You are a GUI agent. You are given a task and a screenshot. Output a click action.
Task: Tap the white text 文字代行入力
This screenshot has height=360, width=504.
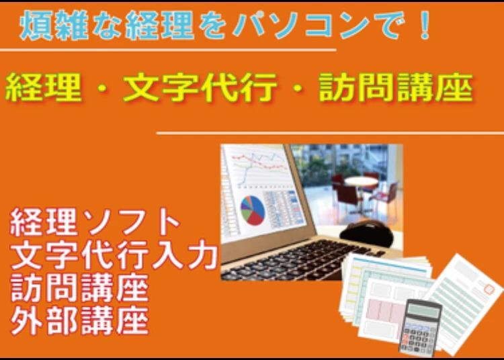[114, 256]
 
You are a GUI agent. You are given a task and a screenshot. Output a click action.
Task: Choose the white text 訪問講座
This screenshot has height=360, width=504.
[79, 289]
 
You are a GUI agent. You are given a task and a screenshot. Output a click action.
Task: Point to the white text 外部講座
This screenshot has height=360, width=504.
[79, 322]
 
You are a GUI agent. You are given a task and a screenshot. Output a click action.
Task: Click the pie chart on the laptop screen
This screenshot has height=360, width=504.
[252, 210]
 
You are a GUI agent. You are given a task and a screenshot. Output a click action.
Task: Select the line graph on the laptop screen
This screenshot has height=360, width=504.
[261, 168]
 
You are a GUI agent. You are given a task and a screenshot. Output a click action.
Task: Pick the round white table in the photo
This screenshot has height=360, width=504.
[361, 181]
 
